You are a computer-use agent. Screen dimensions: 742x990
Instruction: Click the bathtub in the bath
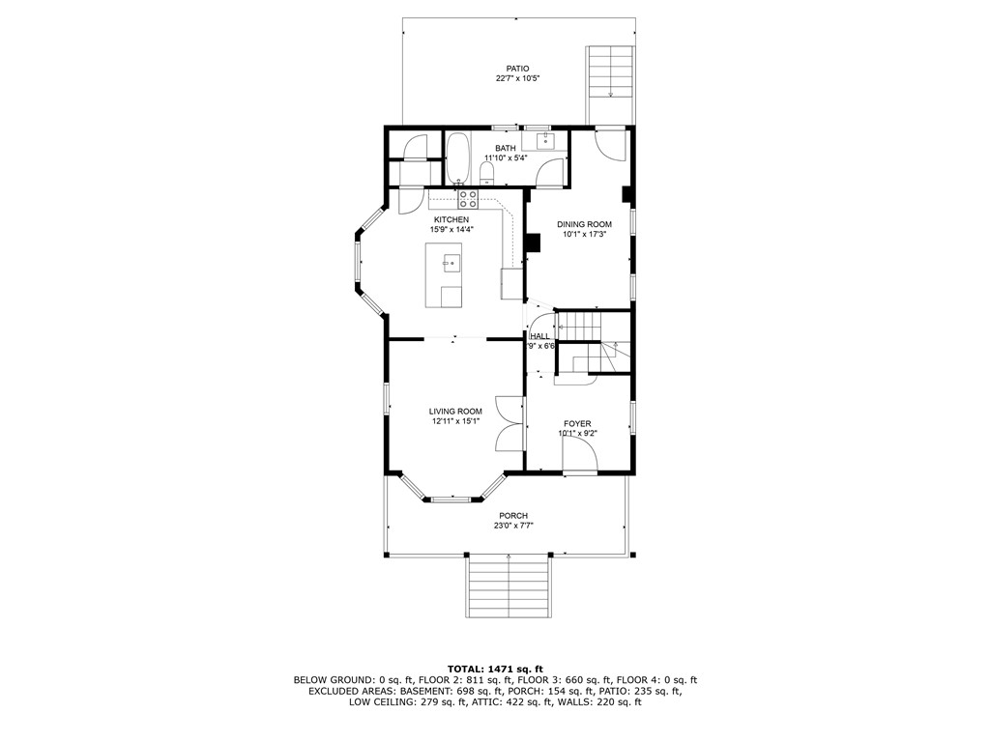coord(457,157)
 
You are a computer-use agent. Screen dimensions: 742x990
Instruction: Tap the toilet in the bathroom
coord(487,173)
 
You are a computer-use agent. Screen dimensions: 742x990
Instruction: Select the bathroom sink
coord(546,142)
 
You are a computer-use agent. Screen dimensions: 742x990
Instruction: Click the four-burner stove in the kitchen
coord(468,199)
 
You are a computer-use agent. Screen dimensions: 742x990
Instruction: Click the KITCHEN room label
coord(451,220)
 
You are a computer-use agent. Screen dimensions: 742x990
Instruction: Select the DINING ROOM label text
coord(585,224)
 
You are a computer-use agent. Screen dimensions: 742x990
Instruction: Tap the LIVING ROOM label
coord(455,412)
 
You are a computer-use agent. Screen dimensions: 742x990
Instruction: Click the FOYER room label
coord(578,423)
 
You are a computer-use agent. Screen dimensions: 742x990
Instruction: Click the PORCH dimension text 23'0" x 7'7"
coord(513,526)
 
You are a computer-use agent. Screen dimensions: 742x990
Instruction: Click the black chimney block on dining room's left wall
coord(532,243)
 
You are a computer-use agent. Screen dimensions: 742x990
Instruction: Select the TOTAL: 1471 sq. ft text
coord(494,669)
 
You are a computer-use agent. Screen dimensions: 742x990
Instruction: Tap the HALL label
coord(539,336)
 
